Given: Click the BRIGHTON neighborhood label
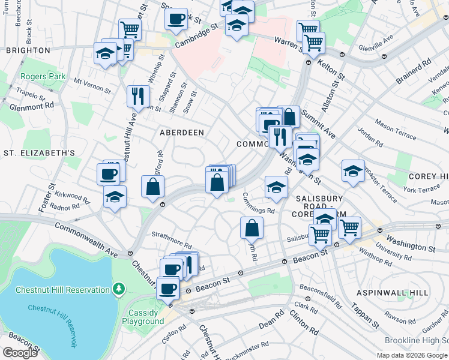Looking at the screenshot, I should pos(28,50).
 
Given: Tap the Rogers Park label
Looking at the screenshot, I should pos(43,77).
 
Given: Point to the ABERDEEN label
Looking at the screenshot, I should pos(181,132).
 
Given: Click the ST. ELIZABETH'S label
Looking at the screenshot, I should pos(39,154).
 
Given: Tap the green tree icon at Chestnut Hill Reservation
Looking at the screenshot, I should pos(119,290).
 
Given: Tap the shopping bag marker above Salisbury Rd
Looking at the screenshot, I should pos(252,227).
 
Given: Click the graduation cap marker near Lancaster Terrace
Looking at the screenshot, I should pos(354,170).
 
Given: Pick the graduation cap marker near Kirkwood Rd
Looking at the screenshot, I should pos(115,196).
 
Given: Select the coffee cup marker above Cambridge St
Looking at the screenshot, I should pos(176,18).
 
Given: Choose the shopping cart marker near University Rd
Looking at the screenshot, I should pos(349,227).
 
